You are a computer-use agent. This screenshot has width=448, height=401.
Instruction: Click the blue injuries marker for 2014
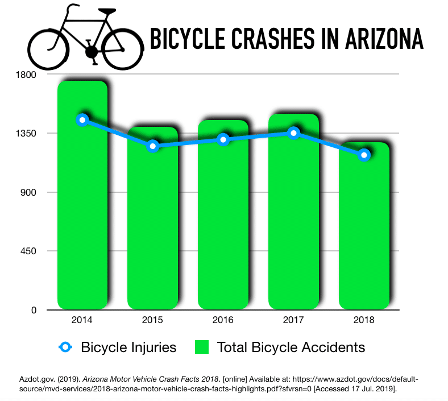[x=82, y=119]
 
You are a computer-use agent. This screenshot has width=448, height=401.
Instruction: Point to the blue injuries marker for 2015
[x=152, y=146]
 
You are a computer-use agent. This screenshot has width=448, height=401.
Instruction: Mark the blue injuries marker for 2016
[x=223, y=139]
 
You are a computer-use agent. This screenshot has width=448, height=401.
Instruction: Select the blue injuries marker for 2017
[x=293, y=133]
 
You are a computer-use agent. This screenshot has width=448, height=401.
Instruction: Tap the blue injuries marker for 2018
[x=364, y=155]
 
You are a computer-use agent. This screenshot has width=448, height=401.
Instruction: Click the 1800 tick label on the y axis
[x=25, y=75]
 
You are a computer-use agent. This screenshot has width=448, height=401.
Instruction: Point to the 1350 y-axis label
[x=25, y=134]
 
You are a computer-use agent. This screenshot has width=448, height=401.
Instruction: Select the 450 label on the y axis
[x=27, y=251]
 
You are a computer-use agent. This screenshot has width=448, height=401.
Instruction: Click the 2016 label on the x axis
[x=223, y=320]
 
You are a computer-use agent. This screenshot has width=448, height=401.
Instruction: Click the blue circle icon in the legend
[x=66, y=347]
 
